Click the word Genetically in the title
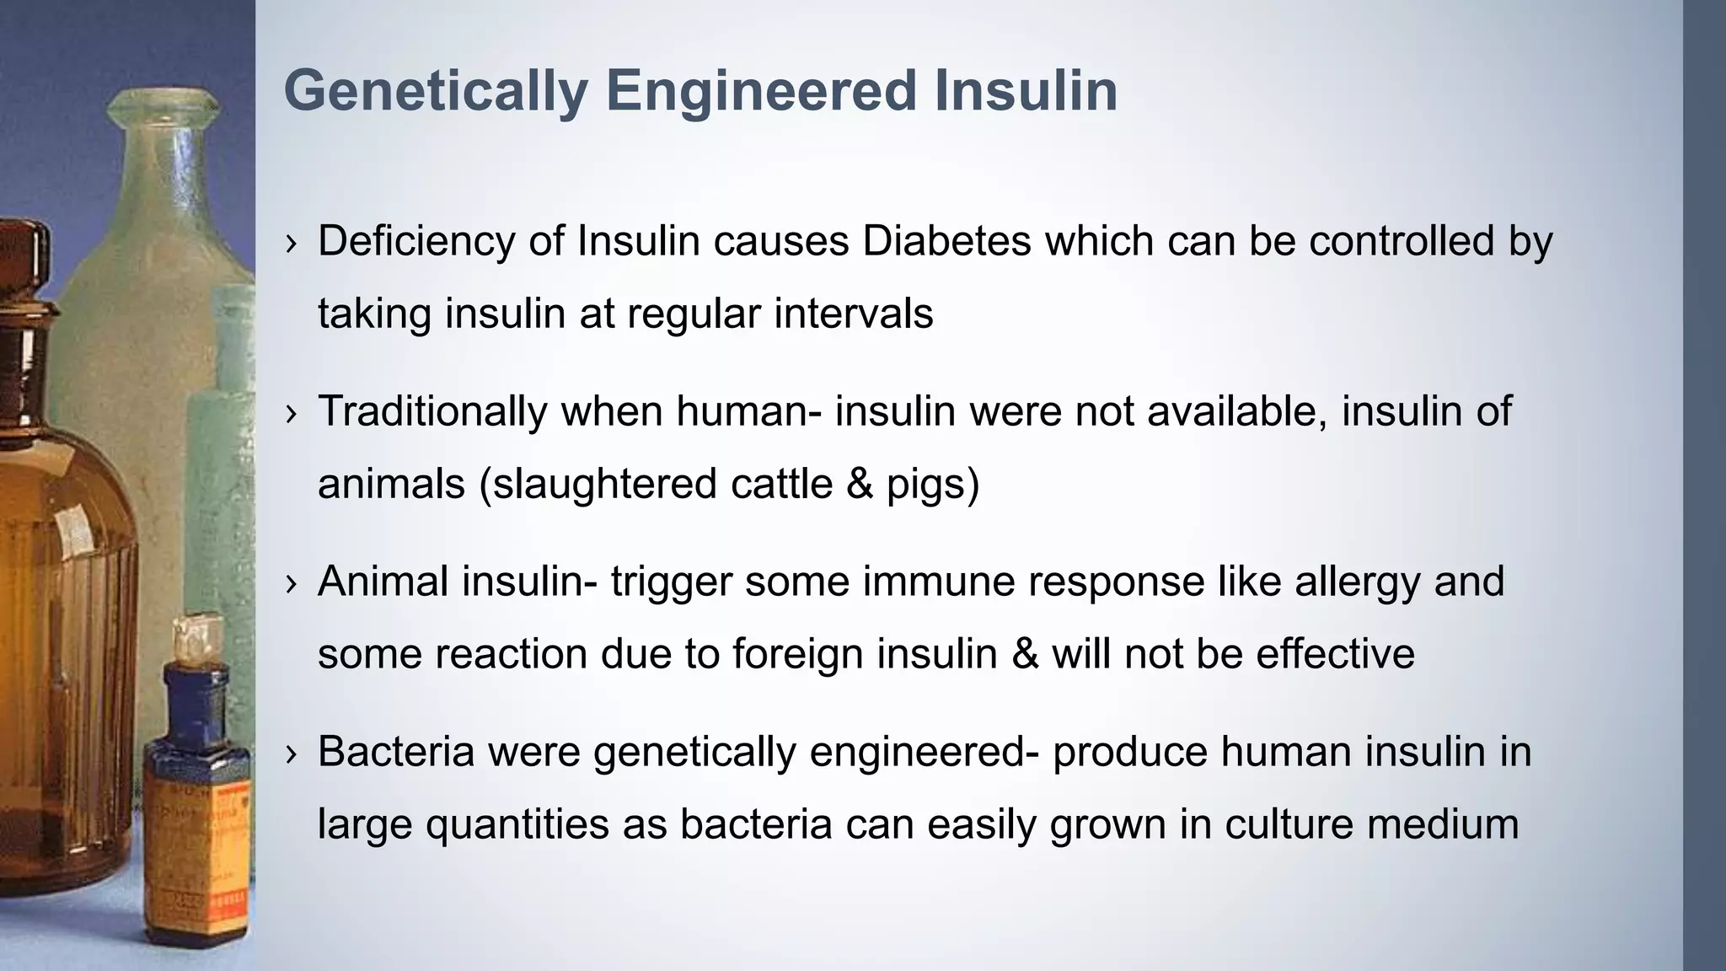click(435, 91)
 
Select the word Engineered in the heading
click(761, 91)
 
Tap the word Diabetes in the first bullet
click(946, 241)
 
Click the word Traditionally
click(432, 411)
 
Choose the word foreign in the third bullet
click(797, 654)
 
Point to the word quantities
click(517, 824)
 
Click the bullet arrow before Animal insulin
click(292, 583)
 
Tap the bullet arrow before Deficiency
click(292, 243)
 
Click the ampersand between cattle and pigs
click(859, 484)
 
